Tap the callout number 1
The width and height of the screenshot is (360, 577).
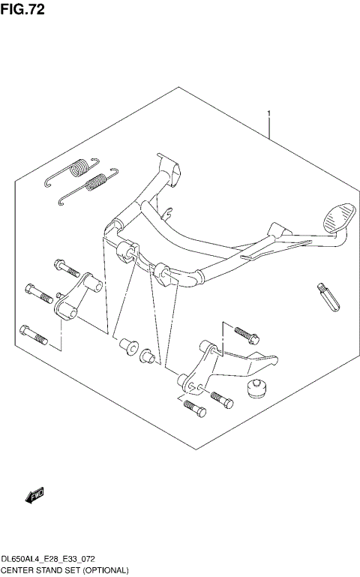(x=268, y=115)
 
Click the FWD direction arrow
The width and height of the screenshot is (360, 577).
(x=34, y=494)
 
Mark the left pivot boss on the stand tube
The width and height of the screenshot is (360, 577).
(x=125, y=251)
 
